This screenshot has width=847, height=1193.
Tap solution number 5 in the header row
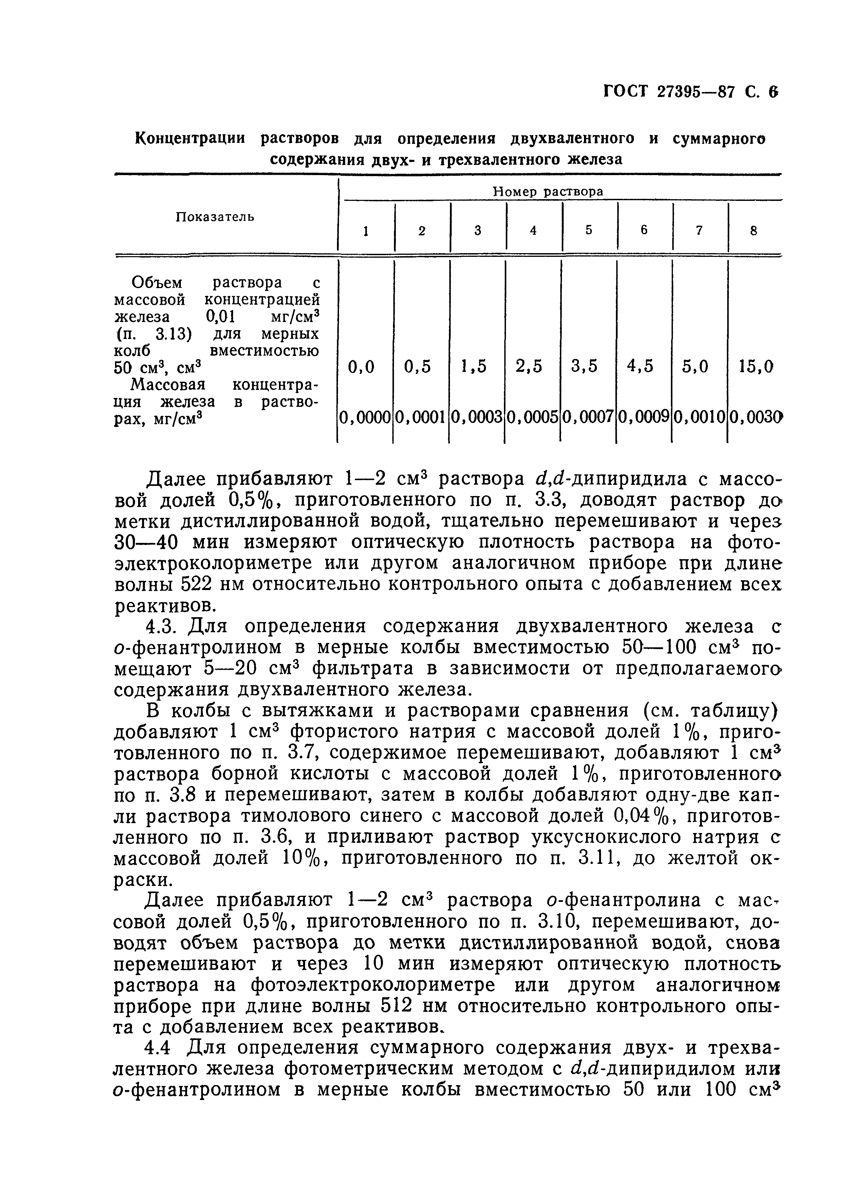click(589, 230)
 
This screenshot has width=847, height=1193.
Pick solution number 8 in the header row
click(753, 230)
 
